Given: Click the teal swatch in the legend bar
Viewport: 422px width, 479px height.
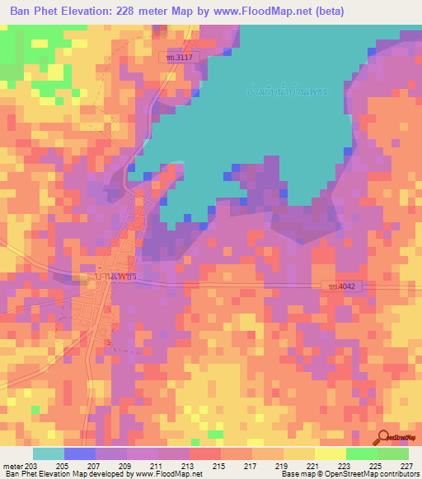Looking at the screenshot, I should pyautogui.click(x=49, y=453).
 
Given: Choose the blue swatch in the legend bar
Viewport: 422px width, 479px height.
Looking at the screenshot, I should pyautogui.click(x=80, y=453).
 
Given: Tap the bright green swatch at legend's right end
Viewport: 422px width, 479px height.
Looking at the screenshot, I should pyautogui.click(x=393, y=453).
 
